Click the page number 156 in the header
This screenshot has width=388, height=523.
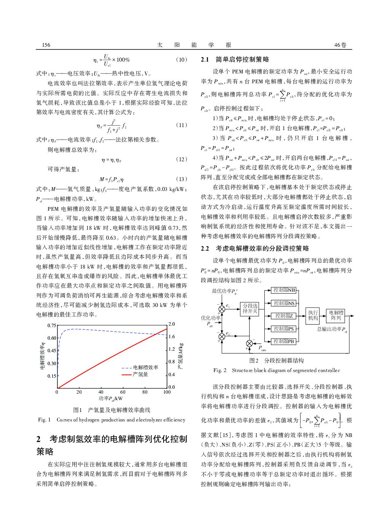46,45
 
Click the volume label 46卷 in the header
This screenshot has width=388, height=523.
340,45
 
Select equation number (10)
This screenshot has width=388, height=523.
181,60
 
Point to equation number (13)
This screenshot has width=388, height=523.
181,179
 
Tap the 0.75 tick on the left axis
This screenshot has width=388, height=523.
52,326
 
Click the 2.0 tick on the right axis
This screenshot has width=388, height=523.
172,324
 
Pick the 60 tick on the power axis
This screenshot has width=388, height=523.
123,392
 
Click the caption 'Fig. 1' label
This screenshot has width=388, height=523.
44,420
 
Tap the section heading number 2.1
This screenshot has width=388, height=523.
205,59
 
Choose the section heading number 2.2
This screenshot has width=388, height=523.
205,248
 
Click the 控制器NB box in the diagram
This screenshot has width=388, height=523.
284,290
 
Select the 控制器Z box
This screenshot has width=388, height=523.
284,316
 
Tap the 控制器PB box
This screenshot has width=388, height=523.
284,342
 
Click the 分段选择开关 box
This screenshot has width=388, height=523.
250,308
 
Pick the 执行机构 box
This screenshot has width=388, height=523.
313,315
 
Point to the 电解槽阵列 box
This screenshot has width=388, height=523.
336,315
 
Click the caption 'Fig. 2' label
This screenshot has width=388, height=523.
220,370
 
